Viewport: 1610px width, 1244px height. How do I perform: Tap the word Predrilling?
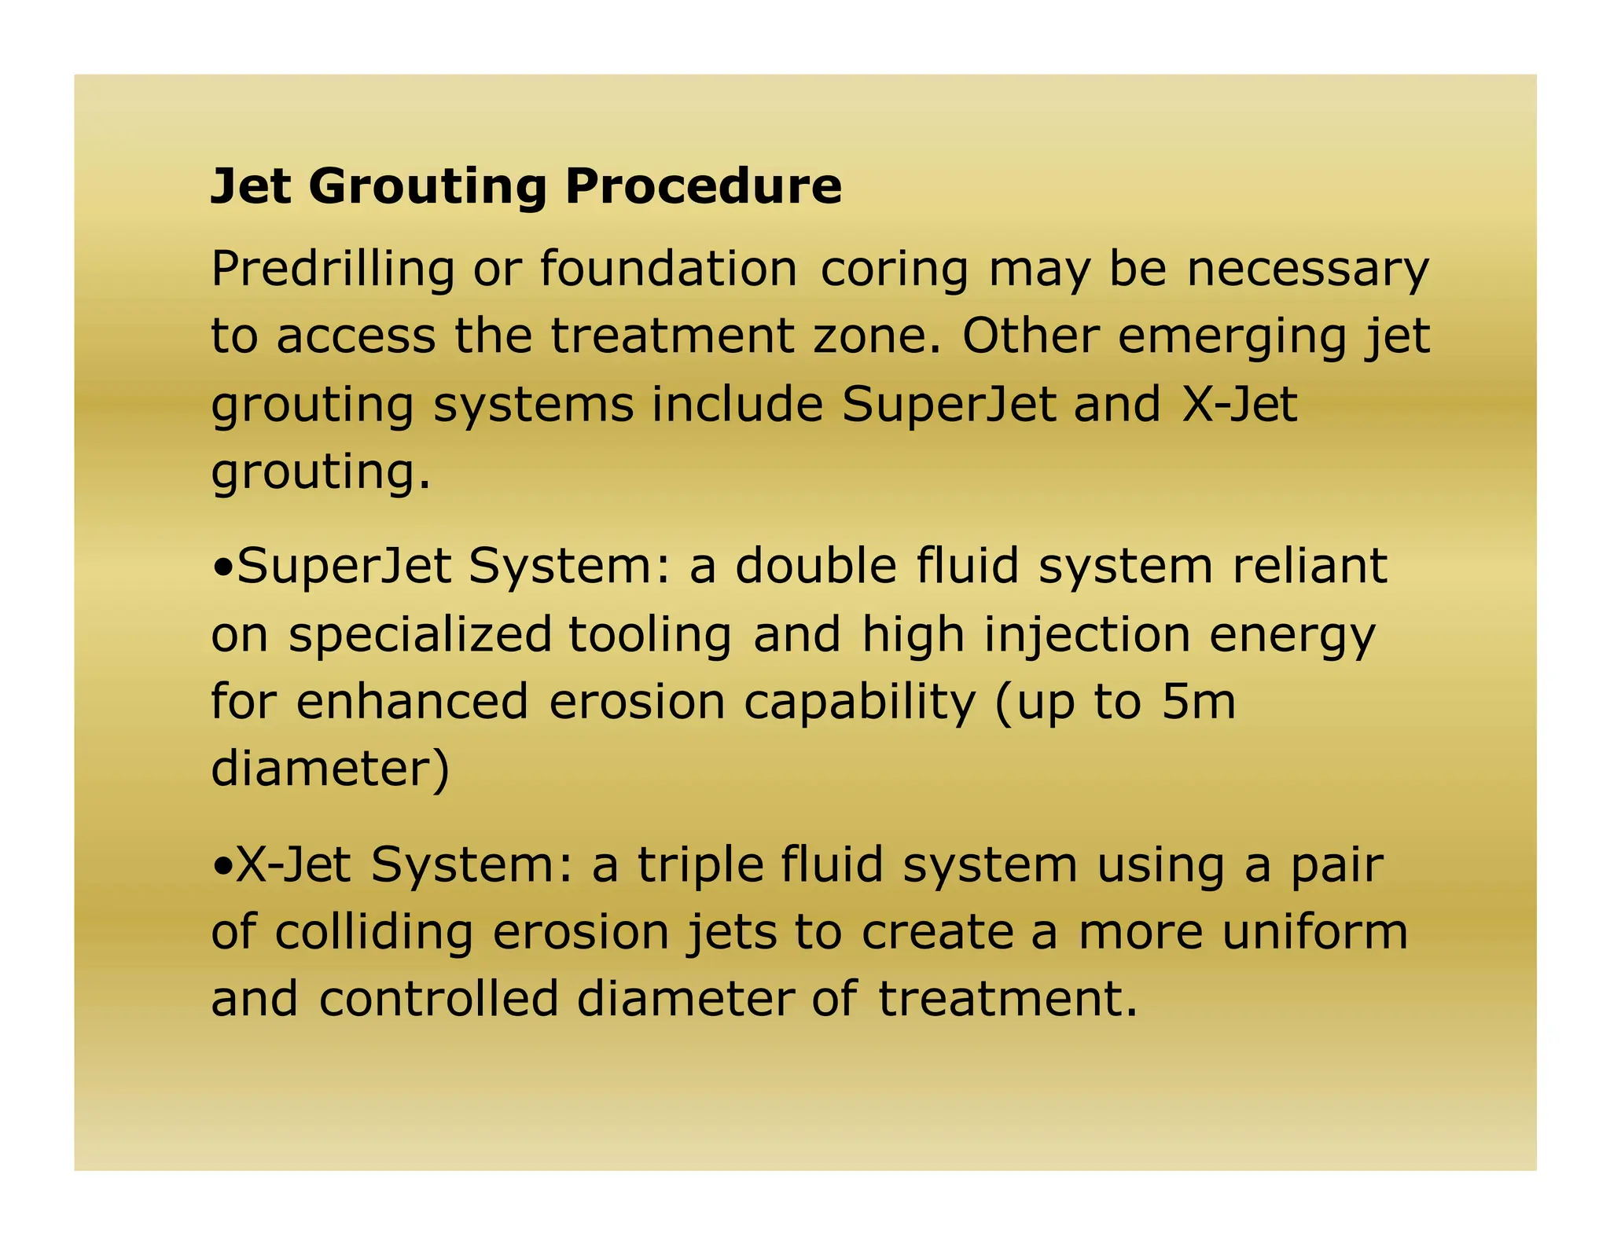(x=333, y=269)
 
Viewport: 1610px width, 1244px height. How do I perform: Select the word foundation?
(x=668, y=269)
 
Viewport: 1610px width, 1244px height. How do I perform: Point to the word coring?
(x=895, y=270)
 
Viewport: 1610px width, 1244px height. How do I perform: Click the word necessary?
(x=1307, y=270)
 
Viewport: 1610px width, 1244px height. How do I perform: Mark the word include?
(x=737, y=405)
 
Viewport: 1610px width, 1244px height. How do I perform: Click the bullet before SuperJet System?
(x=222, y=567)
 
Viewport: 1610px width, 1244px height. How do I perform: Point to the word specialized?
(x=421, y=635)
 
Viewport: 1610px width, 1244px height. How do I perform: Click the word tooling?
(x=650, y=635)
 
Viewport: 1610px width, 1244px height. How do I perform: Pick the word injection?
(x=1087, y=635)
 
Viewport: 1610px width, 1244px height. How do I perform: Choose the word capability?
(x=859, y=703)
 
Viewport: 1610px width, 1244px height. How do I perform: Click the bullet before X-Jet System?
(x=222, y=865)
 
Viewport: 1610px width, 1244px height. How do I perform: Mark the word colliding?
(x=374, y=933)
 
